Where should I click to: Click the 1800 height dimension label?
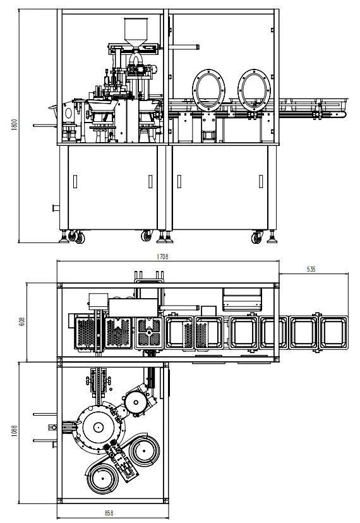(15, 124)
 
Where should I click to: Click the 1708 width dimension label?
(162, 256)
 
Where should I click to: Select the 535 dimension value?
(311, 269)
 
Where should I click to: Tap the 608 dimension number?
(22, 322)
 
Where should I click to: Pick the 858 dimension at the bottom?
(109, 513)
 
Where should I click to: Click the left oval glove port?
(209, 90)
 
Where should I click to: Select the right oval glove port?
(255, 90)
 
